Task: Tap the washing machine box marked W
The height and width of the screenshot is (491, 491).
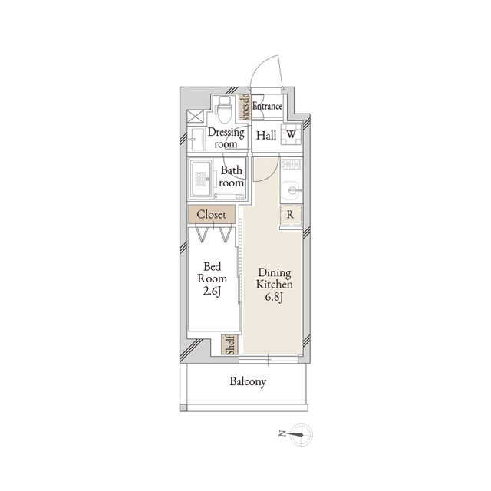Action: [x=291, y=135]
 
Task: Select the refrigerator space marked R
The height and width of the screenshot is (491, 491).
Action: [x=290, y=215]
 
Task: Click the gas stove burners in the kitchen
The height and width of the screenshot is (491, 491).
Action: [x=292, y=164]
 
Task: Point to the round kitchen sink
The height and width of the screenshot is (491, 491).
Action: [x=292, y=189]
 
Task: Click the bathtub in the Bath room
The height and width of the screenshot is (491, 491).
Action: [x=201, y=179]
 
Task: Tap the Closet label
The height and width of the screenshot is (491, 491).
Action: [x=212, y=215]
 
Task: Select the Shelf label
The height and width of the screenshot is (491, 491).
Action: [x=231, y=344]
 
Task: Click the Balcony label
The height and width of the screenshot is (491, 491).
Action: [x=248, y=382]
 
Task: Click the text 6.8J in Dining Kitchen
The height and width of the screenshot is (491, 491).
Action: [x=275, y=297]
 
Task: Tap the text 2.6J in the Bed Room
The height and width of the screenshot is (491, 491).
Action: [x=212, y=292]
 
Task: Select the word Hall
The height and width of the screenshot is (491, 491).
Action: [x=266, y=136]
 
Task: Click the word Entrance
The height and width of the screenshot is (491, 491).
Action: [x=268, y=106]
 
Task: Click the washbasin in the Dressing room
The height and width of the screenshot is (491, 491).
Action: [x=196, y=139]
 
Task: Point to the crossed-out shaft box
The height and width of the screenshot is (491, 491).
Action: [x=195, y=117]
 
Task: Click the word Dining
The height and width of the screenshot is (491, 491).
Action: [x=275, y=273]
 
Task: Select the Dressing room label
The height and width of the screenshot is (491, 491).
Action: [x=226, y=138]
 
